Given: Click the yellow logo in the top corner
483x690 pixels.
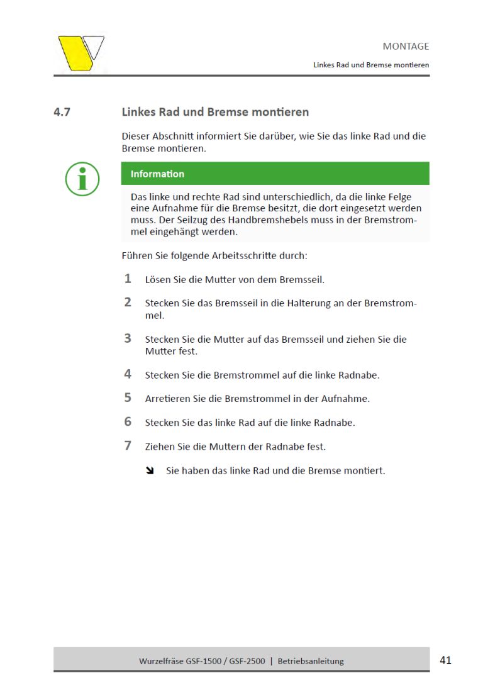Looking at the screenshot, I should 80,53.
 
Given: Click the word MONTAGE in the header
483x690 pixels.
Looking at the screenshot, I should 406,47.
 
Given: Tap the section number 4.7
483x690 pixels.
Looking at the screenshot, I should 62,113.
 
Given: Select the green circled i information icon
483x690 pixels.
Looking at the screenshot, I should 82,179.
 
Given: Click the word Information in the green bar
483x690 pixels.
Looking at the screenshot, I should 157,174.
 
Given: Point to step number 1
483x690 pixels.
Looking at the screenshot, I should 128,279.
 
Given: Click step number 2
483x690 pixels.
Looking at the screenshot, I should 128,303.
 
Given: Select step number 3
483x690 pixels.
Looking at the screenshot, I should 128,338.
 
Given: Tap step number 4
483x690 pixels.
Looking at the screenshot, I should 128,374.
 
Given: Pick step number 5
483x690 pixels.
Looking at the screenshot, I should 128,398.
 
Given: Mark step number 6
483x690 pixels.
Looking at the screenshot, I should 128,422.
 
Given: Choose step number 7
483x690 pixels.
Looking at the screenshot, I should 128,446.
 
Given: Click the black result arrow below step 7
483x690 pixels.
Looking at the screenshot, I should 150,470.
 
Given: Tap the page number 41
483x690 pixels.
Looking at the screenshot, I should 445,660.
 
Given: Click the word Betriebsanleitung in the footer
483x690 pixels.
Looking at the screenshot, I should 311,661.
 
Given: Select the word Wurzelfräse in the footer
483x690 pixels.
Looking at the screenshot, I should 160,661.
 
